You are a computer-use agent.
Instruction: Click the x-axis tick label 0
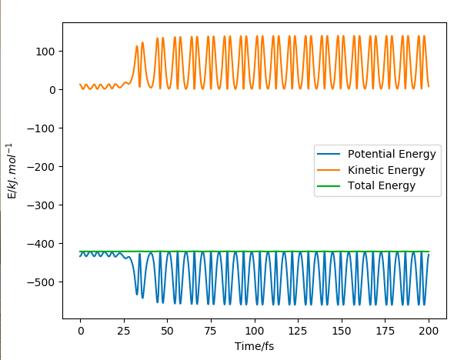[80, 331]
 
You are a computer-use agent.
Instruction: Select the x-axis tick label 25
[123, 331]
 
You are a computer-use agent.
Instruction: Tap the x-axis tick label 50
[167, 331]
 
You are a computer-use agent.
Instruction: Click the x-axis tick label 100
[254, 331]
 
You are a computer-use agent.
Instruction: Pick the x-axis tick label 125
[298, 331]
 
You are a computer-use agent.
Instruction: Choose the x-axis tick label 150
[341, 331]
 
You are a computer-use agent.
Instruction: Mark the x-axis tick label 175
[385, 331]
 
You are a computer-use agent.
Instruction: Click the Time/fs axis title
[254, 346]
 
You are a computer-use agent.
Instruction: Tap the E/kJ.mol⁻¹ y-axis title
[12, 171]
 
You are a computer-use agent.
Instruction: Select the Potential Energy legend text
[392, 154]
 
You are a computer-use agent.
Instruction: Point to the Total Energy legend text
[382, 185]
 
